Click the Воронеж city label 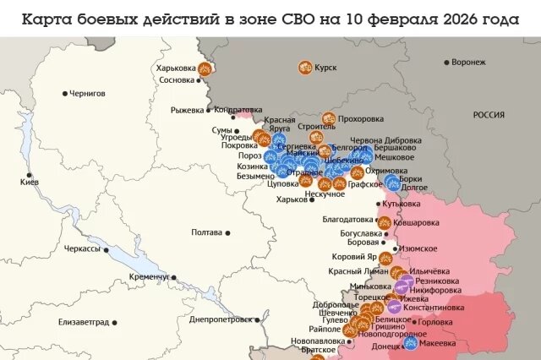click(x=469, y=63)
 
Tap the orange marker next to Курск click(x=305, y=68)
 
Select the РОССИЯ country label click(x=489, y=114)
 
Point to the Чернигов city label click(x=89, y=93)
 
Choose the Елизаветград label click(x=84, y=323)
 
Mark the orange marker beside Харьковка click(x=205, y=68)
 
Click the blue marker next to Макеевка click(x=411, y=342)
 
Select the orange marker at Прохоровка click(x=329, y=119)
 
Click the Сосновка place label click(x=177, y=81)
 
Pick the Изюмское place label click(x=418, y=248)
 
